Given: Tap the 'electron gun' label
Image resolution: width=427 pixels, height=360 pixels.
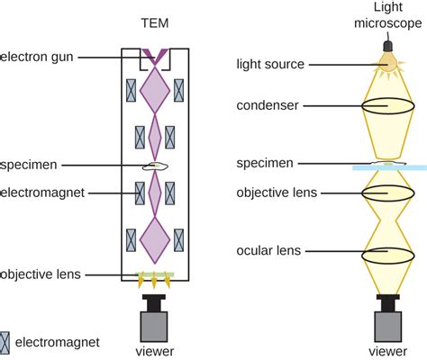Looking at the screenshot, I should point(38,58).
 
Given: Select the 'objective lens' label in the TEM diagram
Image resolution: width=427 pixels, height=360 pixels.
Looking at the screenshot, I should point(41,274).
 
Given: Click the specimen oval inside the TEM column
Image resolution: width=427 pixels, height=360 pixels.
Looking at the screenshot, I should point(156,166).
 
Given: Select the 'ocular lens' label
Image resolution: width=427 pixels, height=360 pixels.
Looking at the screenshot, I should point(269,250).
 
